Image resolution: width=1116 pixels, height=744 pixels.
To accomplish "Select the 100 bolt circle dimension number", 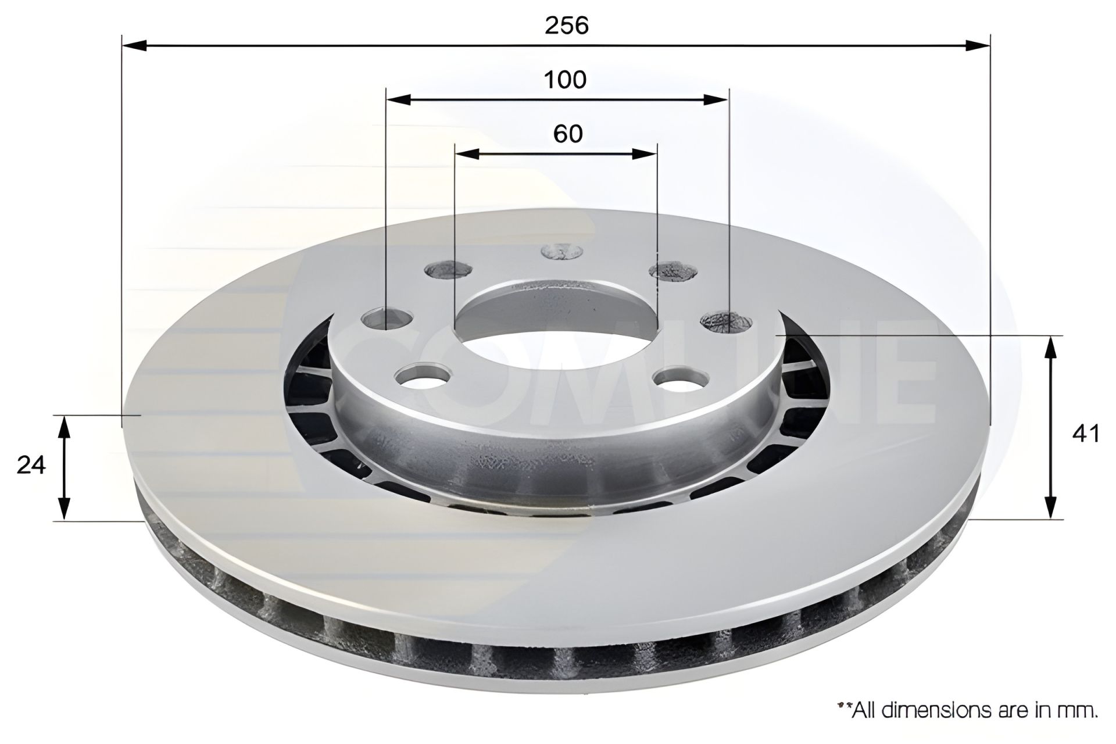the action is tap(565, 80).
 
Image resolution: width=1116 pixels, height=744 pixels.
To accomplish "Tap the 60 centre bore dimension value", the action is tap(568, 134).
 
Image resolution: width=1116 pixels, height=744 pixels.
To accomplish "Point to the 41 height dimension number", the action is tap(1085, 434).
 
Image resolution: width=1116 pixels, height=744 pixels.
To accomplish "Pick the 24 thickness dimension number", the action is tap(31, 465).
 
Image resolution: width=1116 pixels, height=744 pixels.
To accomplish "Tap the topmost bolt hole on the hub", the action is tap(561, 252).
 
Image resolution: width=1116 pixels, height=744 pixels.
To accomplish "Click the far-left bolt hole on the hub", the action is tap(387, 319).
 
